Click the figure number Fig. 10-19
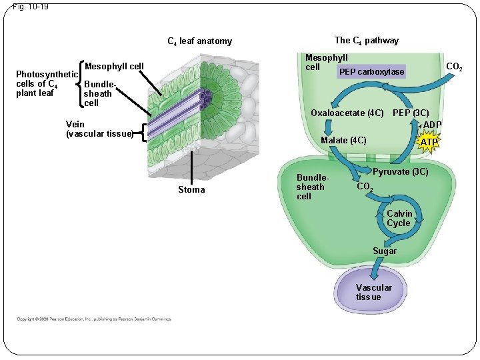click(30, 7)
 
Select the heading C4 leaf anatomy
click(199, 41)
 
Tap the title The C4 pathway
click(366, 41)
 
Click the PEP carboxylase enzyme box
click(371, 71)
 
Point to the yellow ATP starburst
click(429, 142)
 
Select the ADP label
click(432, 125)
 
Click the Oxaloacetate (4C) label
click(347, 113)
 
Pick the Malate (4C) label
click(343, 140)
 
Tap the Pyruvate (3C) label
click(400, 172)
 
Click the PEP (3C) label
click(411, 113)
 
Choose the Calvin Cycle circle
click(399, 218)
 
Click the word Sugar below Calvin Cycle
click(385, 251)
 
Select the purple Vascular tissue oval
click(373, 291)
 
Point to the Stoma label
click(191, 190)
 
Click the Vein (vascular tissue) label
click(99, 129)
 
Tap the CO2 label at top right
click(454, 67)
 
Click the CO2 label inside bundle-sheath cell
click(365, 187)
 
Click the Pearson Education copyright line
click(93, 319)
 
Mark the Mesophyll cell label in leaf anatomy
click(114, 66)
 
